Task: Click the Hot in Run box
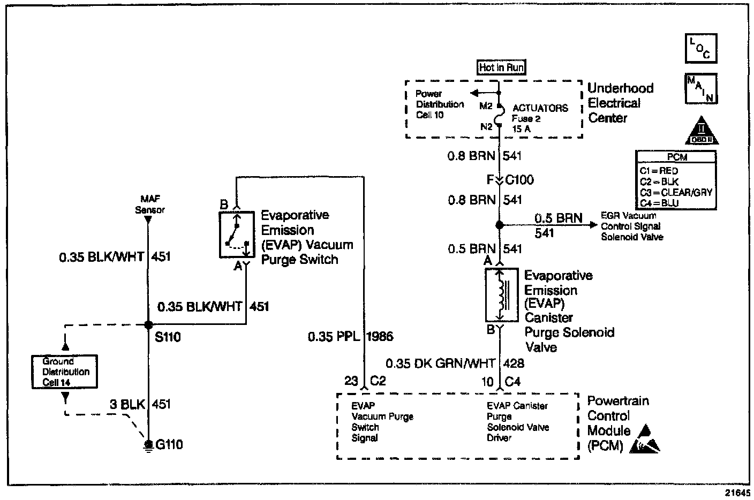point(501,67)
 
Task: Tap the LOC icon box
point(700,48)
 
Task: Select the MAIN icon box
point(700,88)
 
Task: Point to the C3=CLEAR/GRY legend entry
point(676,192)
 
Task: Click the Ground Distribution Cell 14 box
point(64,372)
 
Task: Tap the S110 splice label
point(168,337)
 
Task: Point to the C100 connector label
point(519,180)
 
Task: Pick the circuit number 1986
point(380,337)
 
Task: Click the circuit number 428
point(514,363)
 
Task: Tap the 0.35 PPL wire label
point(333,337)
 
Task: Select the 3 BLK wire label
point(128,404)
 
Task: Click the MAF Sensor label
point(150,205)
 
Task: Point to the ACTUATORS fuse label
point(540,108)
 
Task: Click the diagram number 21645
point(738,494)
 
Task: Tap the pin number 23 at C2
point(351,381)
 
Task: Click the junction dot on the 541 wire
point(499,225)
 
